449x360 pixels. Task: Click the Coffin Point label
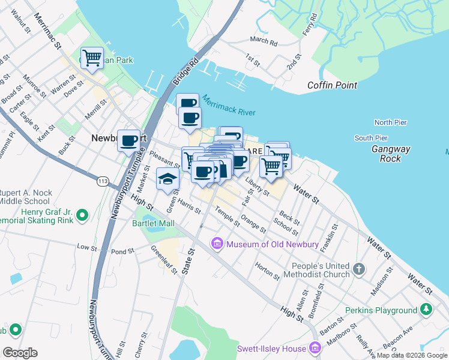332,86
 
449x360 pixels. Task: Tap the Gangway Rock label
390,154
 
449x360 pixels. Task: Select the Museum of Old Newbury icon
216,244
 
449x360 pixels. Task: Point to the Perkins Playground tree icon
426,310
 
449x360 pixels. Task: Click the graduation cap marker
167,178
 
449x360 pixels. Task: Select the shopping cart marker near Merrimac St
92,58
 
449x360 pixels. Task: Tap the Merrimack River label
229,106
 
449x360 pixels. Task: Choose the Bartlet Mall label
153,223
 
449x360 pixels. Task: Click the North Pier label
390,122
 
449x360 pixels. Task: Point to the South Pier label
371,138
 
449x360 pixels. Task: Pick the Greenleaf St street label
164,259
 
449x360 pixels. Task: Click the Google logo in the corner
20,353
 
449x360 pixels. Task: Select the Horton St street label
267,272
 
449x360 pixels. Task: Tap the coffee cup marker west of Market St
128,141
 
